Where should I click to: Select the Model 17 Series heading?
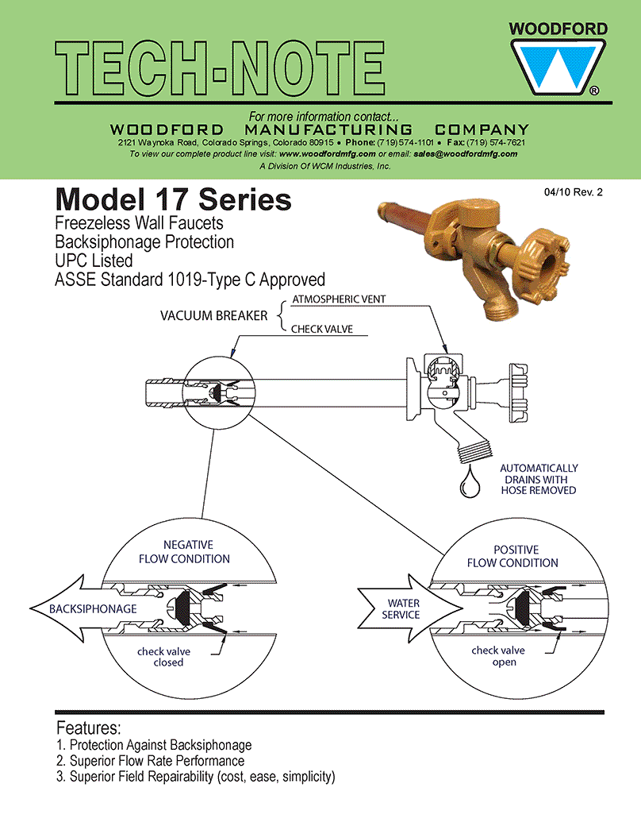[173, 199]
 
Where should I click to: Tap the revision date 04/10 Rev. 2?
[574, 192]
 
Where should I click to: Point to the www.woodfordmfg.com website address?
[327, 154]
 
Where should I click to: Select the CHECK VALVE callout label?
[321, 329]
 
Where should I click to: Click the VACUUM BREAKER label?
[213, 315]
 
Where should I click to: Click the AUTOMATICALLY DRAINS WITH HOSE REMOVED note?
[539, 479]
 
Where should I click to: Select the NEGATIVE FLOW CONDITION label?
[185, 551]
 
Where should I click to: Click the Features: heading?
[88, 728]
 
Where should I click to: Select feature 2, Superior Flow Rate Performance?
[150, 761]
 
